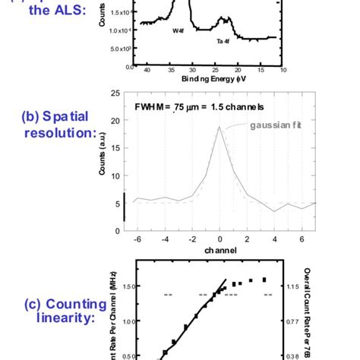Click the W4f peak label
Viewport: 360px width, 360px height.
(x=177, y=31)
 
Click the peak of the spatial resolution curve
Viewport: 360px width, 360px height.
(x=219, y=128)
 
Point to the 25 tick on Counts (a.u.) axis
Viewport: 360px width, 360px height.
(x=116, y=93)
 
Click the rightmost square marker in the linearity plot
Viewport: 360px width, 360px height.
(x=264, y=279)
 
